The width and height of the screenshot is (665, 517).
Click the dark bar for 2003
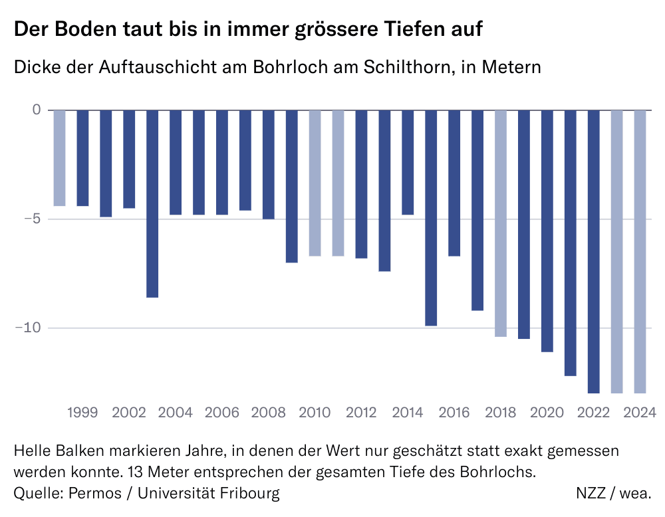152,203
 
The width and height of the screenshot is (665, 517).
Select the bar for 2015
431,218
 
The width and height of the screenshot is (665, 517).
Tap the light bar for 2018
501,223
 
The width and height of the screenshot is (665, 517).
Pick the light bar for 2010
315,183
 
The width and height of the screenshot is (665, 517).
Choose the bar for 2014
408,162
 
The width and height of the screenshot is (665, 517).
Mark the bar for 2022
593,251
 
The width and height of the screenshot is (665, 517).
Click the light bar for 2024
640,251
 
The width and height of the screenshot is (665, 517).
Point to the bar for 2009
292,186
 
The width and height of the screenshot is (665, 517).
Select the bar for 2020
547,231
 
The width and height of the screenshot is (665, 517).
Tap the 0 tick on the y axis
36,110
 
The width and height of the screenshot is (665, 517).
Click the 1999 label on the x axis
82,413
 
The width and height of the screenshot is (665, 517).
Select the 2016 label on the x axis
454,413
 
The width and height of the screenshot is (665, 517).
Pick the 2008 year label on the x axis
268,413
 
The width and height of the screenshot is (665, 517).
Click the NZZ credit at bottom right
595,493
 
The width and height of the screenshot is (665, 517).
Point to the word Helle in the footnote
33,451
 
